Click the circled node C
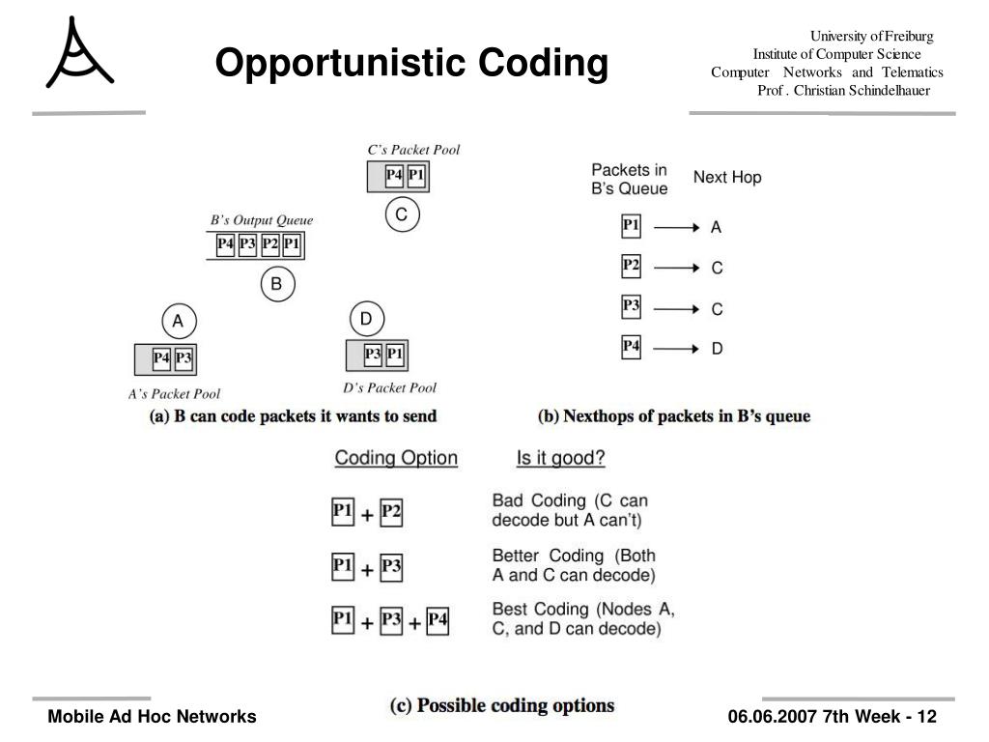coord(403,215)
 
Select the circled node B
coord(276,284)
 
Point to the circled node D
coord(366,319)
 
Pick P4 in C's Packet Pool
coord(394,176)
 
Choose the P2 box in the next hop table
coord(631,266)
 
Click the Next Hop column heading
coord(727,177)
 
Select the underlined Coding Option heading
coord(396,458)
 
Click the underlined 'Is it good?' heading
coord(560,458)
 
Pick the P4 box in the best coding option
coord(438,620)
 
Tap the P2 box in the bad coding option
coord(390,513)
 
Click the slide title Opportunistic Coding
coord(411,64)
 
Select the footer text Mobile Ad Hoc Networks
coord(153,716)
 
